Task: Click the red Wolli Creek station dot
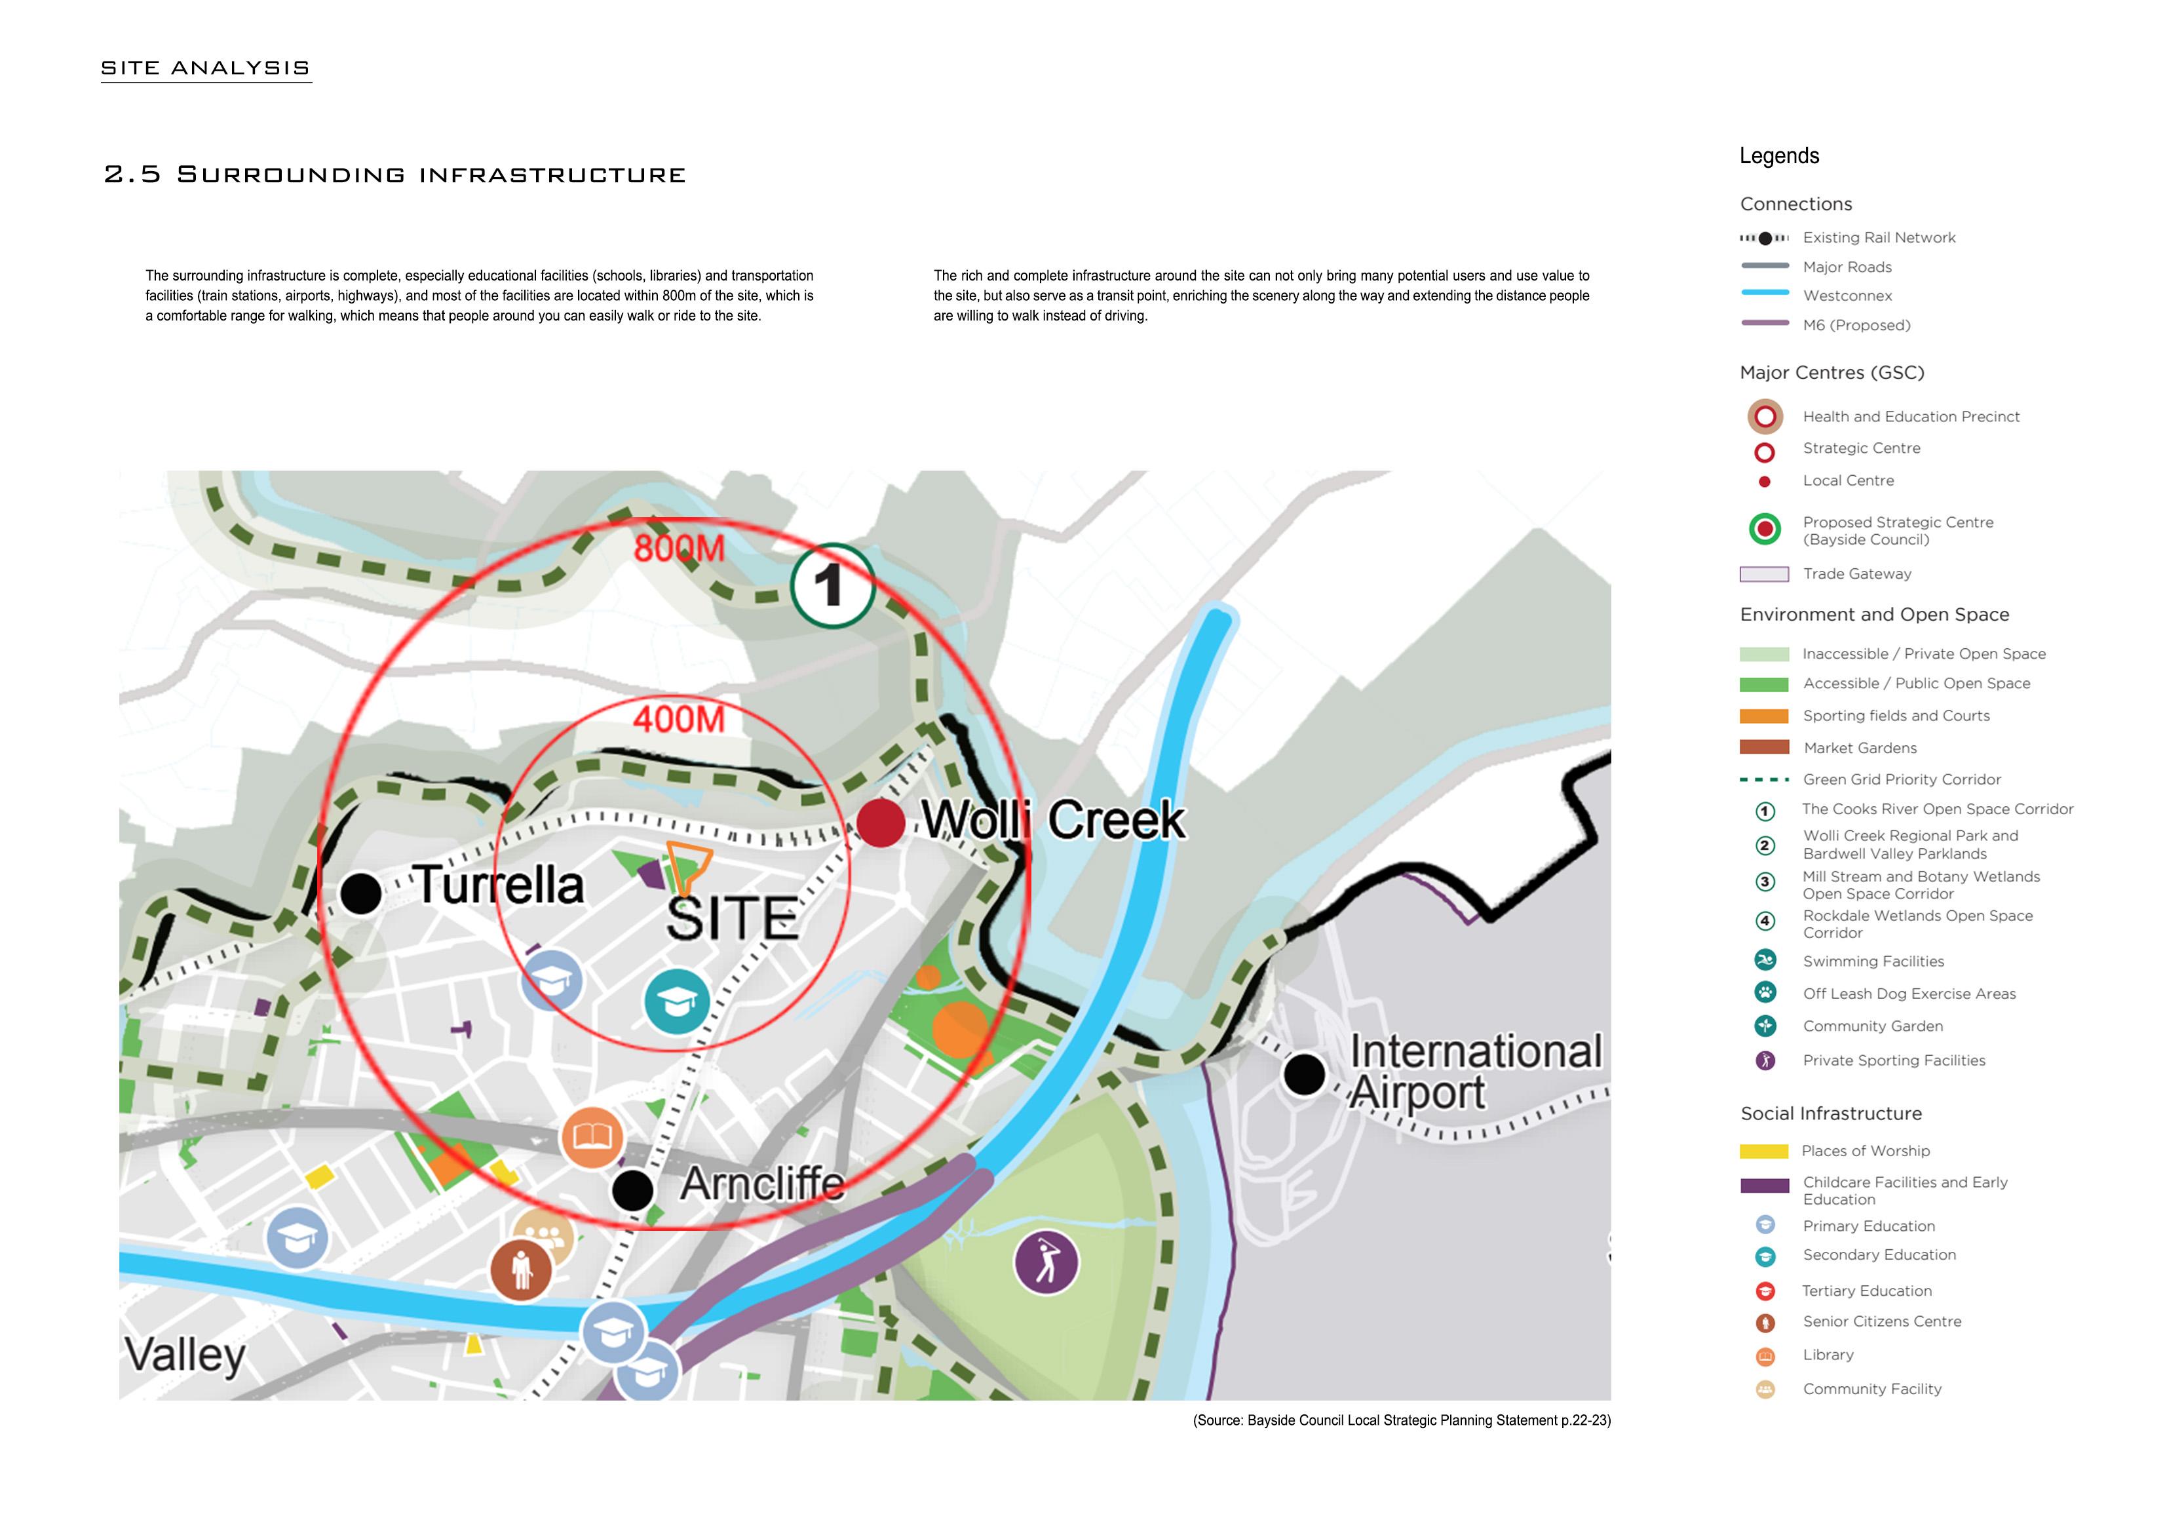[x=881, y=822]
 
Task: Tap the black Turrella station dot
[x=360, y=892]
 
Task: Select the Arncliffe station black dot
[x=632, y=1190]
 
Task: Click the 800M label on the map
[x=679, y=549]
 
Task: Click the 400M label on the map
[x=679, y=720]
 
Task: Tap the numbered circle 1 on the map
[x=832, y=585]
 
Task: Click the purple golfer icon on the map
[x=1046, y=1262]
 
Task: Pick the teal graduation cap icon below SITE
[x=677, y=1001]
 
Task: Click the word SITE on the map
[x=733, y=918]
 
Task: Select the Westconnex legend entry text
[x=1847, y=296]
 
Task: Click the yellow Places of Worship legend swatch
[x=1763, y=1151]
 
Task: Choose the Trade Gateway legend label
[x=1856, y=574]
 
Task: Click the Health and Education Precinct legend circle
[x=1764, y=416]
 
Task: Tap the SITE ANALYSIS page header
[x=206, y=68]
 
